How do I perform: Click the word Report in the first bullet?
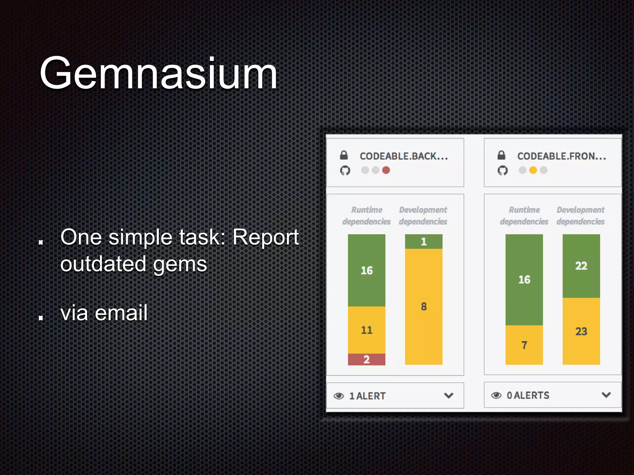click(x=266, y=237)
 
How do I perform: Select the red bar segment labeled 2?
click(x=367, y=359)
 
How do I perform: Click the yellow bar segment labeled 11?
click(x=367, y=330)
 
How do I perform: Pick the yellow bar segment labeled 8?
click(x=423, y=306)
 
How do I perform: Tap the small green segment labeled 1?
click(x=423, y=242)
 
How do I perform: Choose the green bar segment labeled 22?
click(x=581, y=266)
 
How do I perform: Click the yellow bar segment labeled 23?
click(x=581, y=331)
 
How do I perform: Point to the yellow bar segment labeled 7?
click(x=524, y=345)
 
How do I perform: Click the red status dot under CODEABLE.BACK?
click(x=386, y=170)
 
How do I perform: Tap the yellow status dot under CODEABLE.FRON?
click(x=533, y=170)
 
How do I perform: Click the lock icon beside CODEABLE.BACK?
click(x=344, y=155)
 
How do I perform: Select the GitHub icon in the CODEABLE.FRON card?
click(x=502, y=170)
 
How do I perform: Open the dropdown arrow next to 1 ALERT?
click(x=449, y=396)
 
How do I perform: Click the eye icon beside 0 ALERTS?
click(x=496, y=395)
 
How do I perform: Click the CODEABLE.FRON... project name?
click(x=562, y=156)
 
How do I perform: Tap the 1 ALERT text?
click(x=367, y=396)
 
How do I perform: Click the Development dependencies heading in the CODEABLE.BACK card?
click(x=423, y=216)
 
